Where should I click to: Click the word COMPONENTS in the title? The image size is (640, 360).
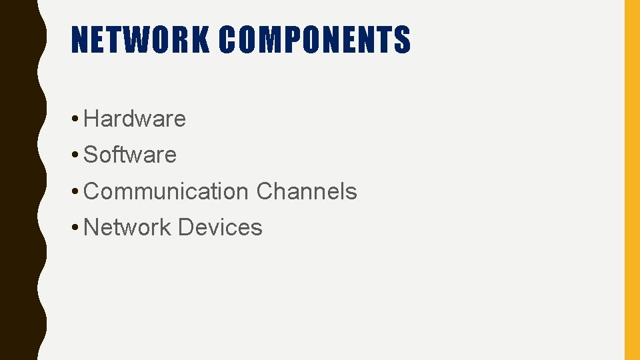pyautogui.click(x=315, y=39)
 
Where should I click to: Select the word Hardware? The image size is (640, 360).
pyautogui.click(x=135, y=119)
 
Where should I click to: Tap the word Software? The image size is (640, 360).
pyautogui.click(x=131, y=155)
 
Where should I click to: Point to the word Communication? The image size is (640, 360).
pyautogui.click(x=166, y=191)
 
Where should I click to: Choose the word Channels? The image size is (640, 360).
pyautogui.click(x=307, y=191)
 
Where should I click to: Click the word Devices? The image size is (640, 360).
pyautogui.click(x=220, y=227)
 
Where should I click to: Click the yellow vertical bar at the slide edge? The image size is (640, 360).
pyautogui.click(x=631, y=180)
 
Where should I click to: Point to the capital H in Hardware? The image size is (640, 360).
pyautogui.click(x=92, y=119)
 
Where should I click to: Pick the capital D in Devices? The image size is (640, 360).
pyautogui.click(x=185, y=227)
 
